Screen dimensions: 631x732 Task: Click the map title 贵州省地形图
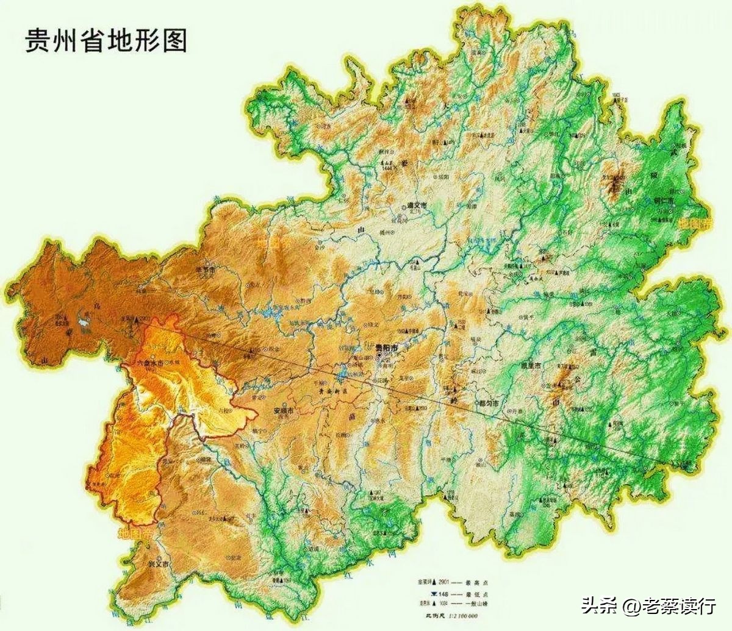point(106,41)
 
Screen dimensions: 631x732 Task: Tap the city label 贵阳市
point(387,349)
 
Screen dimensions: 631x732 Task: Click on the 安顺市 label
point(282,411)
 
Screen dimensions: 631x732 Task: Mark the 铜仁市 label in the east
point(664,200)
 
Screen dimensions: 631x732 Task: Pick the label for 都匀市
point(488,404)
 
